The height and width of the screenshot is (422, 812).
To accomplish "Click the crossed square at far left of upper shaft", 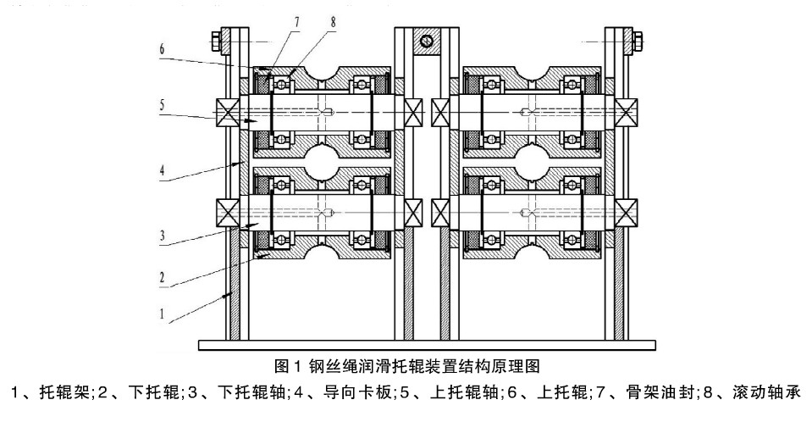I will coord(226,113).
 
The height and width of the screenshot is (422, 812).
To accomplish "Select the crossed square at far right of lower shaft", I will coord(627,210).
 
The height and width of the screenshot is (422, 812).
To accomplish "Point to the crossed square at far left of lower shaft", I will coord(226,210).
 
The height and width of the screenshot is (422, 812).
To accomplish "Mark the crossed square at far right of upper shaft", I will coord(627,113).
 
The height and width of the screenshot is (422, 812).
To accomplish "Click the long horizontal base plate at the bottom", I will coord(426,345).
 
